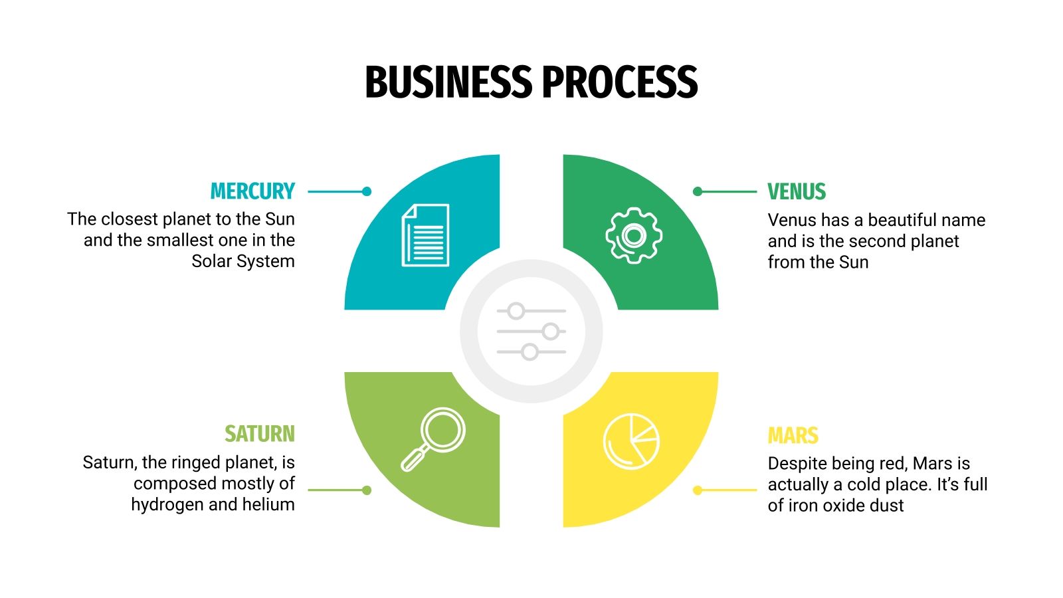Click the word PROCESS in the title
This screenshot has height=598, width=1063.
[x=619, y=82]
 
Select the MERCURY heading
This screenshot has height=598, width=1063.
[x=252, y=191]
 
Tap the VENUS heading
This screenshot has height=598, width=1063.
[x=797, y=191]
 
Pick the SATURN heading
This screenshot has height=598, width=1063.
[x=259, y=434]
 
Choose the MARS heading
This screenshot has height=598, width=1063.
[x=793, y=436]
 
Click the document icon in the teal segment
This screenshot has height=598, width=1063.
[x=425, y=235]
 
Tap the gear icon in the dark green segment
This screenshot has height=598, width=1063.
[x=634, y=235]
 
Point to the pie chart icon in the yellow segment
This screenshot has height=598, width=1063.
[x=631, y=441]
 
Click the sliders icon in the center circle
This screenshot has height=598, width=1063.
[x=531, y=331]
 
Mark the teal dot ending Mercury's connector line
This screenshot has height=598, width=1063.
[x=367, y=191]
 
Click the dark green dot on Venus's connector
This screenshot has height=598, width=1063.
[x=697, y=191]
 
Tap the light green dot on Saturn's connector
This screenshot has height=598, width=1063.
[x=367, y=490]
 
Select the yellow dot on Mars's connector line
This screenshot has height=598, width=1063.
[x=697, y=490]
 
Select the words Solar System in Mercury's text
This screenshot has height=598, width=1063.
[x=243, y=261]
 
